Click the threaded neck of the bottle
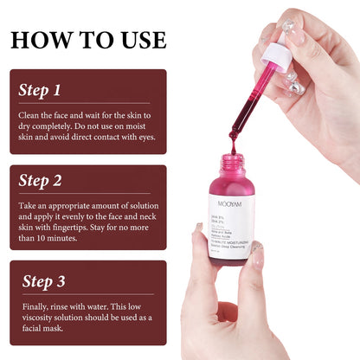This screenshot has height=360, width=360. (x=232, y=161)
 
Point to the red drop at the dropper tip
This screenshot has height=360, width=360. (x=232, y=136)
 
